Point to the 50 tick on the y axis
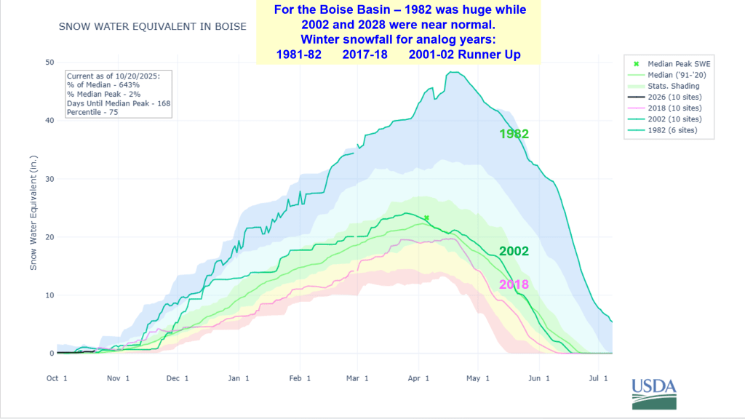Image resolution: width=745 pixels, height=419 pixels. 50,63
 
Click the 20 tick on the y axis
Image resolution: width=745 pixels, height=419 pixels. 50,237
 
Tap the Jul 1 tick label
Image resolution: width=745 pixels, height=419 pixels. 599,378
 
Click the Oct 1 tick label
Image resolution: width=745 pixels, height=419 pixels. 57,378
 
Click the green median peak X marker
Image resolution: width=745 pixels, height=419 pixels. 426,218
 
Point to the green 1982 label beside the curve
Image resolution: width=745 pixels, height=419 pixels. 514,134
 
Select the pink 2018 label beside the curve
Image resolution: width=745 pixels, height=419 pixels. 514,284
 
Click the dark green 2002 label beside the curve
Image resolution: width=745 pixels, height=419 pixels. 514,252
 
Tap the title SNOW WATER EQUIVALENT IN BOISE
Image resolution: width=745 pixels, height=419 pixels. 152,27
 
